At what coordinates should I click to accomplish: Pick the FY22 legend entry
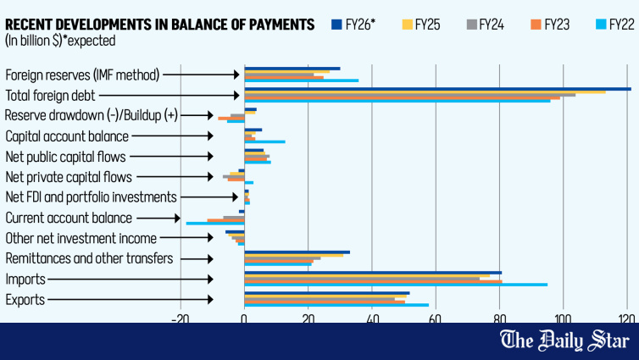603,24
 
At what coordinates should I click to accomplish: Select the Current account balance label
68,218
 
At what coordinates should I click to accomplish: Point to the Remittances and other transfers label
89,258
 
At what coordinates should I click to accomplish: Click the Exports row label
25,299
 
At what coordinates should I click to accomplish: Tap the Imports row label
25,279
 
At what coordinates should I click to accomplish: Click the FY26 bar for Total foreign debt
437,88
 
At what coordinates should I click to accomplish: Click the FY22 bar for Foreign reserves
301,80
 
